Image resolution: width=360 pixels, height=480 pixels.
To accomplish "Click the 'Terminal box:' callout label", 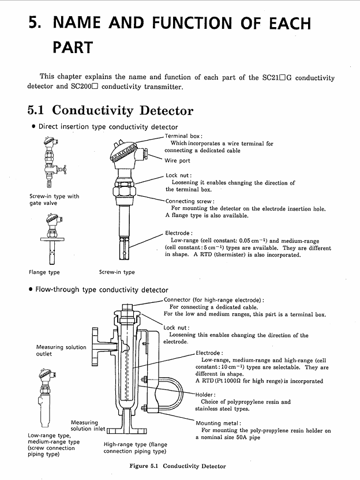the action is (183, 136).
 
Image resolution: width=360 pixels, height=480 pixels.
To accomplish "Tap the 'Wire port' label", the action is (177, 160).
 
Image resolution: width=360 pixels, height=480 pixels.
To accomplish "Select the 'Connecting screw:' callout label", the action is (190, 201).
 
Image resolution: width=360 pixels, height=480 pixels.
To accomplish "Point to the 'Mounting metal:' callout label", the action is (218, 423).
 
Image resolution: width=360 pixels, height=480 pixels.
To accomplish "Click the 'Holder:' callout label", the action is (205, 395).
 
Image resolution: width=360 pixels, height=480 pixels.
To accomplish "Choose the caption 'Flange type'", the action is (44, 272).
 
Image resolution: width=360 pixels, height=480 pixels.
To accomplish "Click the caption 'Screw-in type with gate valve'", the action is (54, 200).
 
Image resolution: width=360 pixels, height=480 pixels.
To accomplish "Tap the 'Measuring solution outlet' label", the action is (61, 351).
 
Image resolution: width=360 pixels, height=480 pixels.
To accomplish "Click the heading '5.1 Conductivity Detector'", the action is (111, 110).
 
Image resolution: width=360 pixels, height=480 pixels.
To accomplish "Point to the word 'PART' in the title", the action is (73, 47).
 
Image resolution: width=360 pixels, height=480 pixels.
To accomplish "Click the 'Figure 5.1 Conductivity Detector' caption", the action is (178, 466).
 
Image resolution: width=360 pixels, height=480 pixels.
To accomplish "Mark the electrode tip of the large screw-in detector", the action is (123, 248).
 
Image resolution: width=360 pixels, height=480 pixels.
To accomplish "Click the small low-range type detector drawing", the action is (46, 398).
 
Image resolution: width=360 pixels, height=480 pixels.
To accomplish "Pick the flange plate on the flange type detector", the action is (52, 239).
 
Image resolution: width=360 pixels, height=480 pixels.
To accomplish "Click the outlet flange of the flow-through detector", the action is (95, 347).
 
